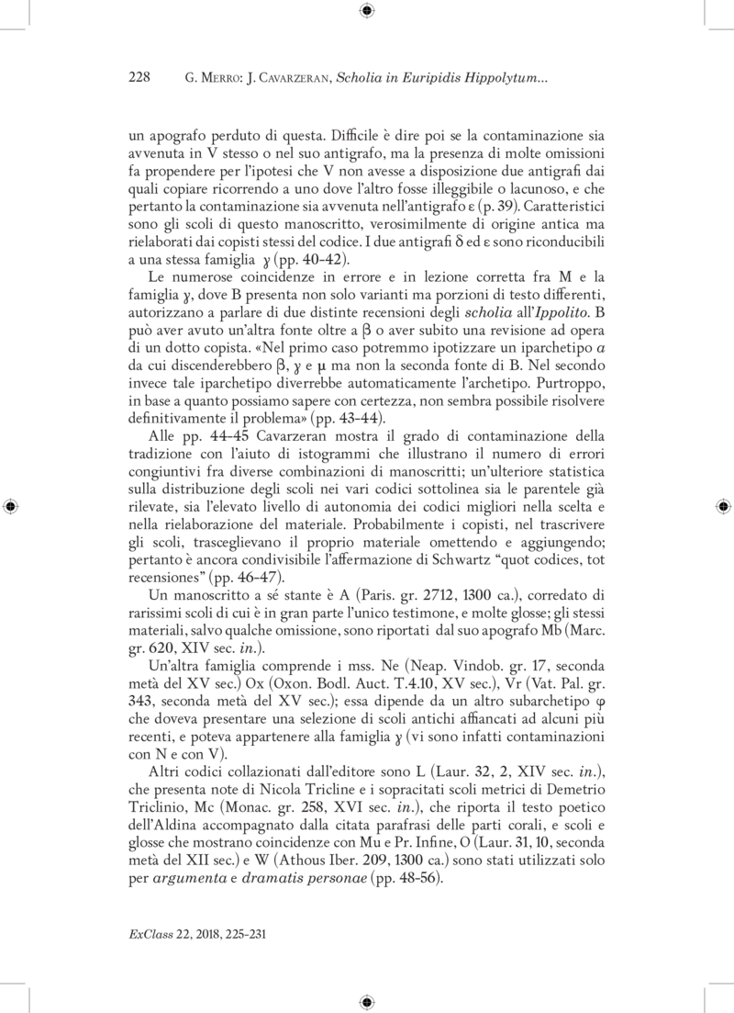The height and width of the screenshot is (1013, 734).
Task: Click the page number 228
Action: click(x=139, y=79)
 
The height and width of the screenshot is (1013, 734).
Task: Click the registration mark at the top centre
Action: click(x=366, y=11)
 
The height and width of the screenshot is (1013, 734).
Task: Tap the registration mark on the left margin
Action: click(x=11, y=506)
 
